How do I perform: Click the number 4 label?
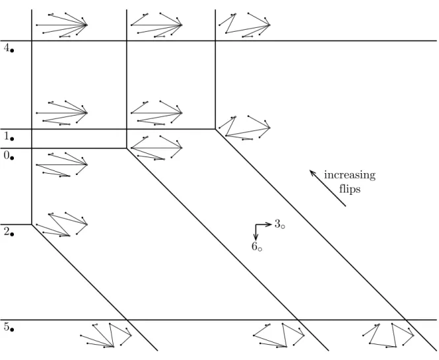coord(7,48)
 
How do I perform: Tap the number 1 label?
coord(7,136)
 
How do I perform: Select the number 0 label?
coord(7,155)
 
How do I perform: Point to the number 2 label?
coord(7,231)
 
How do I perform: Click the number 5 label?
coord(7,326)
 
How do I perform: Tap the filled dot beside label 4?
coord(12,51)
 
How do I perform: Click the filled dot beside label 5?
coord(12,330)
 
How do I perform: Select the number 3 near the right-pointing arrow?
coord(277,223)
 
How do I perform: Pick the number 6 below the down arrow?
coord(254,246)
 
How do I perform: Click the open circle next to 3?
coord(283,227)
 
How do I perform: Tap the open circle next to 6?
coord(260,249)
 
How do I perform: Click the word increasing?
coord(350,176)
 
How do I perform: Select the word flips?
coord(350,188)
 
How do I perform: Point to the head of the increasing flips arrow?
coord(310,170)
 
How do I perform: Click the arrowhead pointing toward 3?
coord(270,224)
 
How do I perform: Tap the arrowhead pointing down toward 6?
coord(255,238)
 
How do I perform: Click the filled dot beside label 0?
coord(12,158)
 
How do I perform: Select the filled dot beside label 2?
coord(12,234)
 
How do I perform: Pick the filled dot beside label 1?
coord(12,139)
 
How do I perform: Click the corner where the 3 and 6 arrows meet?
coord(255,224)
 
